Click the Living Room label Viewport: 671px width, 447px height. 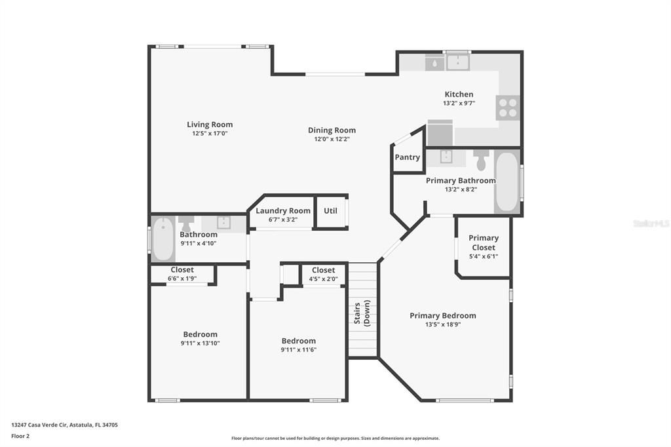pyautogui.click(x=210, y=125)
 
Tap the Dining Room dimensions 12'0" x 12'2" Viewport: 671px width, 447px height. pyautogui.click(x=332, y=139)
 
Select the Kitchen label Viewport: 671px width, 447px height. pyautogui.click(x=459, y=94)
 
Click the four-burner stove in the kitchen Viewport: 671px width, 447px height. pyautogui.click(x=508, y=107)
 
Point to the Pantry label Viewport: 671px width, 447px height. pyautogui.click(x=407, y=157)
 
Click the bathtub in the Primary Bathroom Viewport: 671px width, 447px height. pyautogui.click(x=507, y=182)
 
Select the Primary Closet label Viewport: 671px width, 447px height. pyautogui.click(x=484, y=243)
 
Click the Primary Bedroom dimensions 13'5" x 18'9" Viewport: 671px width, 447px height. pyautogui.click(x=443, y=324)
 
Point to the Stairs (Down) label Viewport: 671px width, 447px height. pyautogui.click(x=362, y=312)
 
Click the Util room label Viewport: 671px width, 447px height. pyautogui.click(x=330, y=211)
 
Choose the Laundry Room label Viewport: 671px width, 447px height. pyautogui.click(x=283, y=211)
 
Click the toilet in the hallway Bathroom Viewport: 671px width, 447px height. pyautogui.click(x=187, y=222)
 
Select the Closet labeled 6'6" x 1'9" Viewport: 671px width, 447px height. pyautogui.click(x=182, y=270)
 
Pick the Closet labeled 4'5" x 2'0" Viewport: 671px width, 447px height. pyautogui.click(x=323, y=270)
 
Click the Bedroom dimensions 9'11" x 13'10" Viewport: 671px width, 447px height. pyautogui.click(x=200, y=343)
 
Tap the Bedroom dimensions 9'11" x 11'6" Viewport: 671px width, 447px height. pyautogui.click(x=298, y=350)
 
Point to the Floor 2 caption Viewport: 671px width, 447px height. pyautogui.click(x=20, y=436)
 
